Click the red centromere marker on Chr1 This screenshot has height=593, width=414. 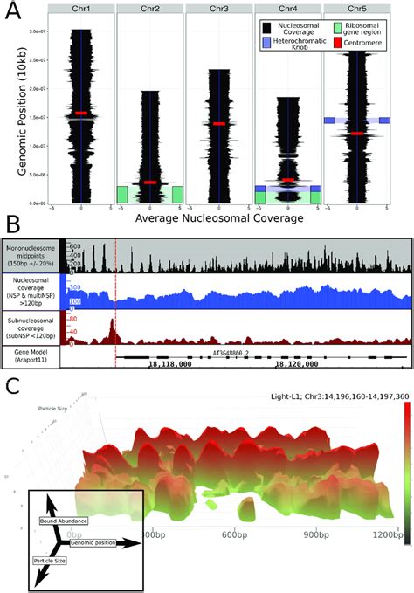click(x=81, y=114)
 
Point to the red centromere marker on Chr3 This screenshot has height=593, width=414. click(x=219, y=124)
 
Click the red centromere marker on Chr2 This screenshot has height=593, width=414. click(x=150, y=182)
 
